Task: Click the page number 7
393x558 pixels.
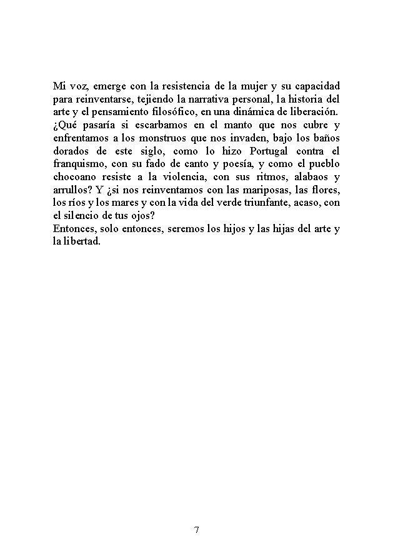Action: pyautogui.click(x=197, y=530)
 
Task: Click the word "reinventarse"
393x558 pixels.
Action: pyautogui.click(x=104, y=99)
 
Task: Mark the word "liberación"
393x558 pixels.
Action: pyautogui.click(x=311, y=112)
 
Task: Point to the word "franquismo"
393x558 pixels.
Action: pyautogui.click(x=79, y=165)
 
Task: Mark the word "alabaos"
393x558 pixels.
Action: pyautogui.click(x=306, y=178)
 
